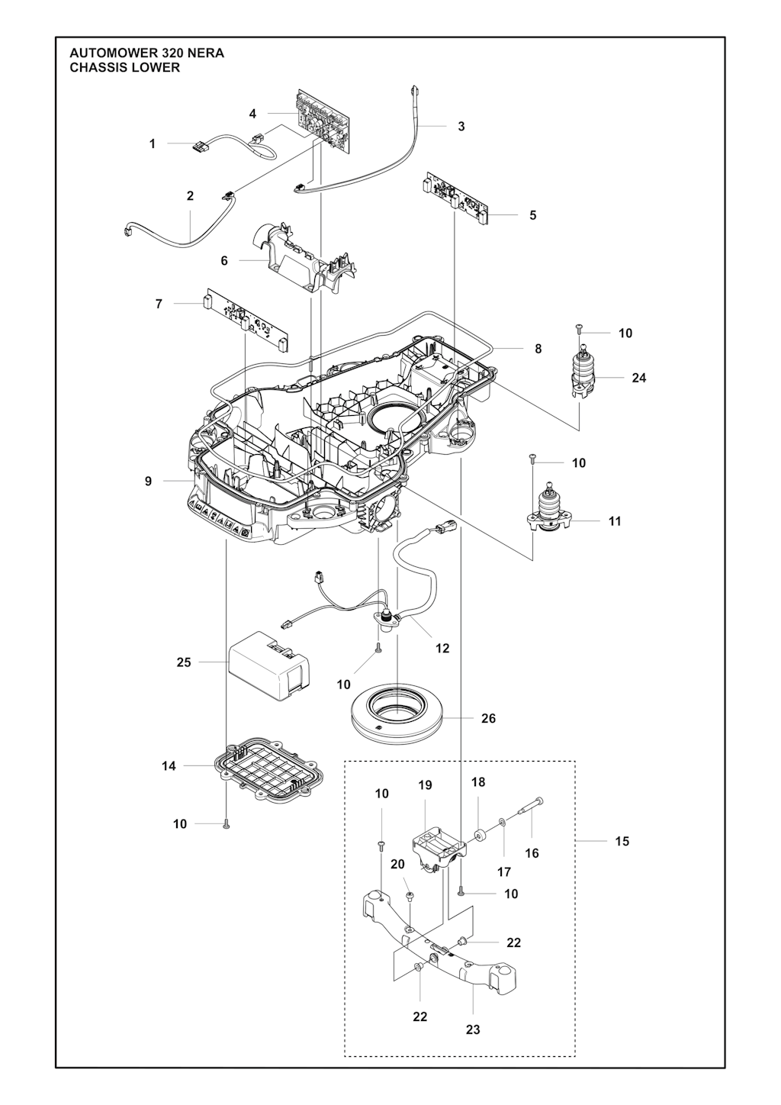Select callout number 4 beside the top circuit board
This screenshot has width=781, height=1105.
pos(252,114)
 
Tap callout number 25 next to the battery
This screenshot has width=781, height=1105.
pos(184,662)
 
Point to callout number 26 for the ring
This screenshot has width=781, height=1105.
pos(488,718)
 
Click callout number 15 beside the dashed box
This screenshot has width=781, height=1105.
pos(622,841)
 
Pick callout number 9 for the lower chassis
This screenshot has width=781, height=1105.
pos(149,482)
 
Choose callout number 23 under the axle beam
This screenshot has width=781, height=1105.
pos(473,1029)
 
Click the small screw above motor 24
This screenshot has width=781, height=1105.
pos(580,330)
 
